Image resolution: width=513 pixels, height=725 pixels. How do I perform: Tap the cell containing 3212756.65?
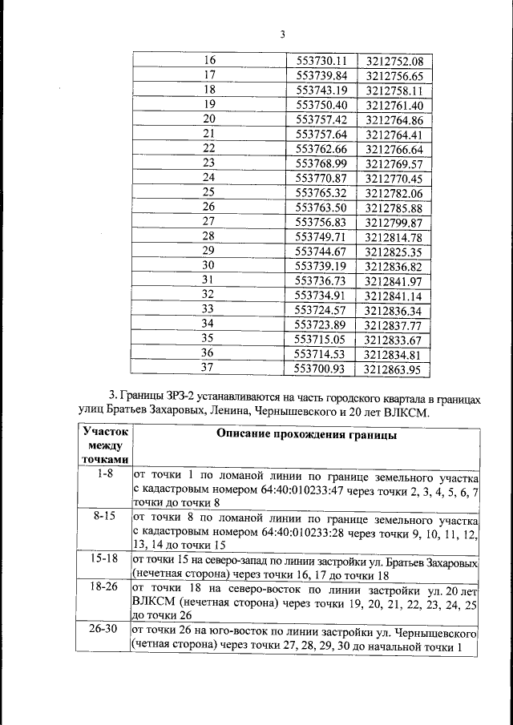point(393,75)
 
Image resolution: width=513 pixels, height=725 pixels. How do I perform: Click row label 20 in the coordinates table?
point(209,119)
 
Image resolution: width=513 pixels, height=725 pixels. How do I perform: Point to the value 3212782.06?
point(393,192)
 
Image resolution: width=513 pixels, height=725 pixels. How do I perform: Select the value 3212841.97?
point(393,280)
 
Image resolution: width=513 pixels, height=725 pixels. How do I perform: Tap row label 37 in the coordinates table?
point(209,368)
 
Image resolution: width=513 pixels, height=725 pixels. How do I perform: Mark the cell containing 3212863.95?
point(393,369)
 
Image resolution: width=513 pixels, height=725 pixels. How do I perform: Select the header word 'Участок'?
point(106,430)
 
